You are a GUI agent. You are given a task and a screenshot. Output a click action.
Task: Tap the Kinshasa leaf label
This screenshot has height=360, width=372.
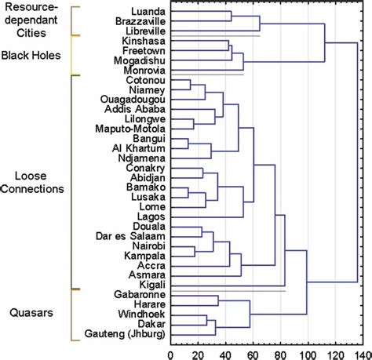pyautogui.click(x=143, y=40)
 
